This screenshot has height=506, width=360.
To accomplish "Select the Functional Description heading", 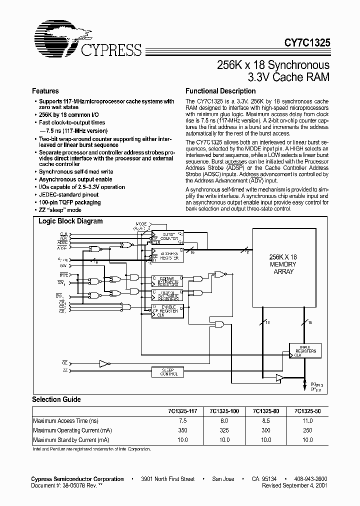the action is click(x=220, y=91).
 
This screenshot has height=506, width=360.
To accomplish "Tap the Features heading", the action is click(x=45, y=91).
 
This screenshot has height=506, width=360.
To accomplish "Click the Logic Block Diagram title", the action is click(x=70, y=221).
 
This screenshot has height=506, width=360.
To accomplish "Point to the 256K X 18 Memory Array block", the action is click(x=282, y=264).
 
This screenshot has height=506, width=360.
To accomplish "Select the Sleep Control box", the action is click(x=168, y=372).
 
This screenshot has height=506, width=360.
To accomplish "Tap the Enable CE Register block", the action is click(x=167, y=310).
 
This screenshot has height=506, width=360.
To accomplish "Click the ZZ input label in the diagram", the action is click(x=65, y=370).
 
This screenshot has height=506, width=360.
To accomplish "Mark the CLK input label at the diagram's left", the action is click(x=64, y=234).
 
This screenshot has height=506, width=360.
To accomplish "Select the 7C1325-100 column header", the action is click(x=225, y=411).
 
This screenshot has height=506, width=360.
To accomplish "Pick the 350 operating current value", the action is click(x=183, y=430).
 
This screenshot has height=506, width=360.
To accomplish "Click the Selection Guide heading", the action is click(x=56, y=399).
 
